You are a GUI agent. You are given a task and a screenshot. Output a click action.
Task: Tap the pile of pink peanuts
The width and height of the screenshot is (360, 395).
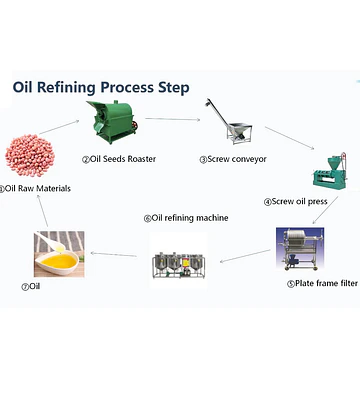point(30,155)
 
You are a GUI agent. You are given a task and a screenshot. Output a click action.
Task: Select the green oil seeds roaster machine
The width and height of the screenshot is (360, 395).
point(112,122)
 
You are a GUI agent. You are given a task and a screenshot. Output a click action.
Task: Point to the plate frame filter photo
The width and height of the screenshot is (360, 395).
point(300,249)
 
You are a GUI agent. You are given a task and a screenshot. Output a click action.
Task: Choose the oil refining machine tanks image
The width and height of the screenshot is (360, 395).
point(178,262)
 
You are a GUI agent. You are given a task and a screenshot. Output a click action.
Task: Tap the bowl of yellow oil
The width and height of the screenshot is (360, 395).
point(59,254)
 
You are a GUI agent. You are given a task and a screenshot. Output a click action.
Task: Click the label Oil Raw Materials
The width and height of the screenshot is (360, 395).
point(35,189)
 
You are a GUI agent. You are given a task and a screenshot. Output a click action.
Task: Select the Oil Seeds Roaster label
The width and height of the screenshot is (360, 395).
point(119,159)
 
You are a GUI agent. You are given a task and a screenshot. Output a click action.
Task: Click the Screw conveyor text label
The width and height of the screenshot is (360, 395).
point(233,159)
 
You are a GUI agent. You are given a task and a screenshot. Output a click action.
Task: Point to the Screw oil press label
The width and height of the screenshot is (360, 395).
point(296,201)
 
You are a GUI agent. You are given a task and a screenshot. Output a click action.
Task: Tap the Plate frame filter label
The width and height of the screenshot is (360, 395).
point(322,283)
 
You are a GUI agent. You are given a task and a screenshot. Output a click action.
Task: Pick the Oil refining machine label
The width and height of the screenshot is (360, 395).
point(186,218)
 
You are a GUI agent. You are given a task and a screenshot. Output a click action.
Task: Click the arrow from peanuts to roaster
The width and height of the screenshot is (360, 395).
point(59,127)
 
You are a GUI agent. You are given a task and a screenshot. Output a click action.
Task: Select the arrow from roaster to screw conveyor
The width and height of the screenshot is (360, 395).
point(173,119)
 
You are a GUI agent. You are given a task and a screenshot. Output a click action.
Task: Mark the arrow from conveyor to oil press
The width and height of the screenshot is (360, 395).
point(290,138)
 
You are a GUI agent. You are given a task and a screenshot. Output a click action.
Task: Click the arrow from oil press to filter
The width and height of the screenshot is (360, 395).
point(325,210)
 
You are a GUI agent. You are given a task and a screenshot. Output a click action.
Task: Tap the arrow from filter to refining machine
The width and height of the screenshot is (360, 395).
point(245,256)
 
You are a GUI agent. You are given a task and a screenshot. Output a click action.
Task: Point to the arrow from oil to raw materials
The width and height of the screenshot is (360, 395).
point(42,211)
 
